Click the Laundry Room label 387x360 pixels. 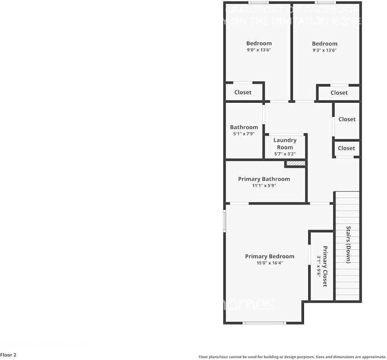(285, 144)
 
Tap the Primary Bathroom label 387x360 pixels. (264, 179)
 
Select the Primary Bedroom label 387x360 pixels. (270, 256)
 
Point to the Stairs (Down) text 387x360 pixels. (348, 245)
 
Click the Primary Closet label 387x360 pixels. (325, 266)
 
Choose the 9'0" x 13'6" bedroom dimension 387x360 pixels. (259, 50)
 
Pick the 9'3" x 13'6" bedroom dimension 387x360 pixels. (324, 51)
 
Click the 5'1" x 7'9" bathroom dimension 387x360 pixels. (244, 134)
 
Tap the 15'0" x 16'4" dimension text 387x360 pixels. (270, 263)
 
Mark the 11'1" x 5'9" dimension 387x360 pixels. (264, 185)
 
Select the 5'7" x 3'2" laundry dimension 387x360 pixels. (285, 154)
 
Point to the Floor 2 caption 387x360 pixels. (8, 355)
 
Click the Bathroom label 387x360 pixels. (244, 127)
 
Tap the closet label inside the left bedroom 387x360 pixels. (243, 93)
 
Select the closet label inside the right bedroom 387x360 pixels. (339, 93)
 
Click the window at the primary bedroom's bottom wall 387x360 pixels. (264, 323)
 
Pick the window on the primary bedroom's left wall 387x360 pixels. (225, 220)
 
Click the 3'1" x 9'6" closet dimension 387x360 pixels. (318, 266)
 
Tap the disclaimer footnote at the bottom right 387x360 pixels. (292, 357)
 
